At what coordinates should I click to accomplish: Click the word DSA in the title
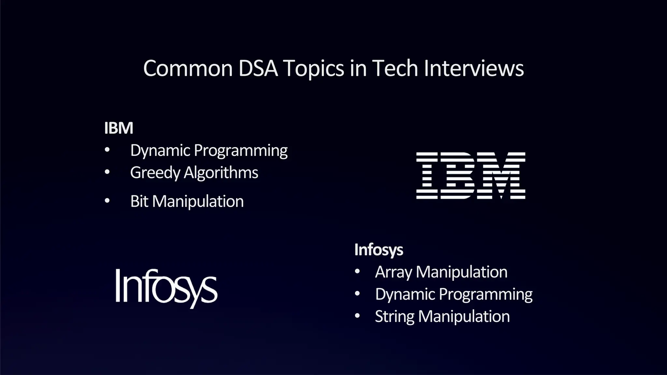click(x=258, y=68)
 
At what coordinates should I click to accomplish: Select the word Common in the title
click(x=188, y=68)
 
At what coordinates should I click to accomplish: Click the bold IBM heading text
click(x=119, y=128)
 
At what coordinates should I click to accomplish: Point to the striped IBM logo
click(x=471, y=175)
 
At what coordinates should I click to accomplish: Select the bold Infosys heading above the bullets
click(x=378, y=250)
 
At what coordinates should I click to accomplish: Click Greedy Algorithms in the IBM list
click(x=194, y=173)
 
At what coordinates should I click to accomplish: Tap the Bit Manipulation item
click(x=187, y=201)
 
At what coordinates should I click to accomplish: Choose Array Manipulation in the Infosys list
click(x=441, y=272)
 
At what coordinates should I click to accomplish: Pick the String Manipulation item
click(x=442, y=316)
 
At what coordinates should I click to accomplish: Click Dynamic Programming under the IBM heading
click(x=209, y=150)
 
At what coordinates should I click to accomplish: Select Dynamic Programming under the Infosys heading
click(x=454, y=294)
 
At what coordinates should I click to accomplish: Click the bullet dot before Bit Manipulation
click(x=107, y=201)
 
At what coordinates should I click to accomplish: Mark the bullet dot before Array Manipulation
click(x=357, y=271)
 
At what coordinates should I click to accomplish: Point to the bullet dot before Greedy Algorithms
click(x=107, y=172)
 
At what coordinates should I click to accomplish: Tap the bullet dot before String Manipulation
click(x=357, y=316)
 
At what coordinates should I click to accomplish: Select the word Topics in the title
click(x=314, y=68)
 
